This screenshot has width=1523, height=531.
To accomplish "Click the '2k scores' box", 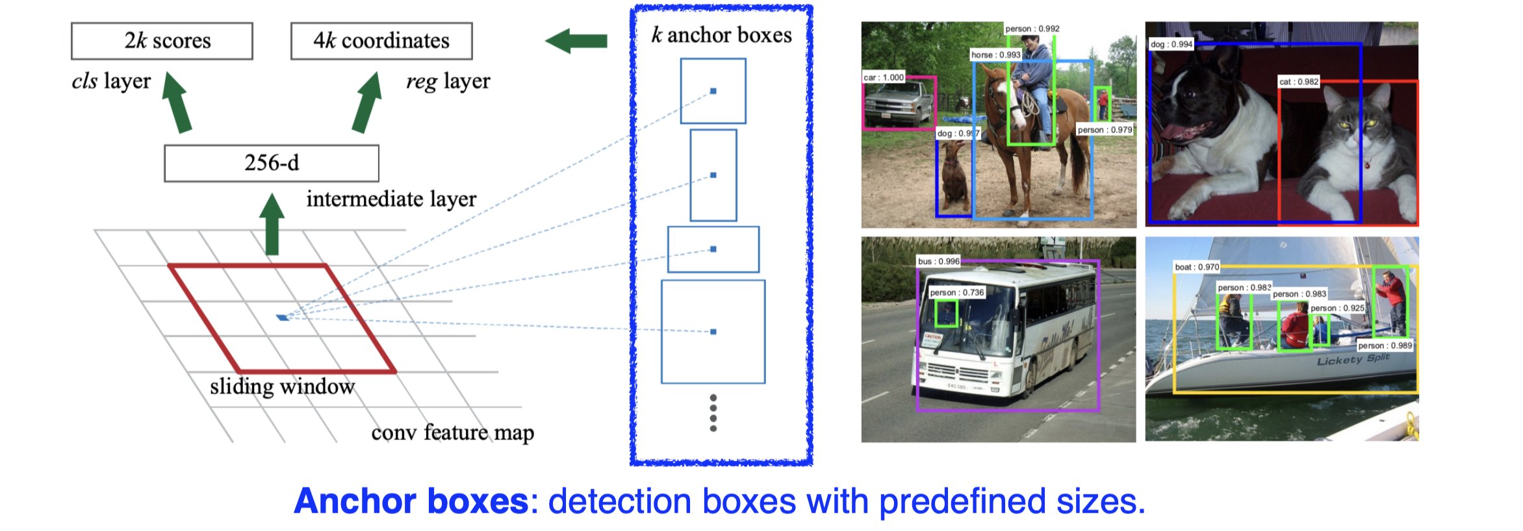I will (x=162, y=41).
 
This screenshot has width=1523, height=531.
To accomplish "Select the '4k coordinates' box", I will (x=381, y=41).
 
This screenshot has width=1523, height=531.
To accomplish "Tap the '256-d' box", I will (x=272, y=163).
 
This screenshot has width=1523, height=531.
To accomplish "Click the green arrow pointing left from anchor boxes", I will (x=576, y=42).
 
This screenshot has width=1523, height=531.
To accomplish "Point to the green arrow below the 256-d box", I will (x=272, y=224).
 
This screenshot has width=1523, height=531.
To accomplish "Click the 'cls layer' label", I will (x=111, y=82).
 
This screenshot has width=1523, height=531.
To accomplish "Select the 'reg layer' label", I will (x=448, y=82).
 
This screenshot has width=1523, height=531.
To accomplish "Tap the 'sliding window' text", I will (x=282, y=387).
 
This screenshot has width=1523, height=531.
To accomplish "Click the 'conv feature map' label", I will (x=452, y=432).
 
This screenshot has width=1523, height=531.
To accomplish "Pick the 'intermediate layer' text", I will (x=391, y=199).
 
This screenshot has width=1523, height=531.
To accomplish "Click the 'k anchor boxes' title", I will (x=721, y=35).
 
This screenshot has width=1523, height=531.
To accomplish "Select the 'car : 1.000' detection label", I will (x=883, y=77).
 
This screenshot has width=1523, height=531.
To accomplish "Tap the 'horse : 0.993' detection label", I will (x=995, y=55).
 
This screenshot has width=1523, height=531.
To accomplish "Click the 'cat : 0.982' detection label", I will (x=1298, y=82).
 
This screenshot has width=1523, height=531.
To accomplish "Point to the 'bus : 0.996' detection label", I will (x=938, y=262).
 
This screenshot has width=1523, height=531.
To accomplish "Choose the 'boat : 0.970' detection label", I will (x=1197, y=267).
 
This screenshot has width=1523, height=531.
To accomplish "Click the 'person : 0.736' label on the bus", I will (x=956, y=293).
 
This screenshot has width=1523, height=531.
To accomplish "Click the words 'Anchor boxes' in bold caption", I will (x=411, y=502).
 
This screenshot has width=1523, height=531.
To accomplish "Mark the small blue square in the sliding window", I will (x=282, y=317).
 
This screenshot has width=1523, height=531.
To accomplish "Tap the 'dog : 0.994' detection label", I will (x=1171, y=44).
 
